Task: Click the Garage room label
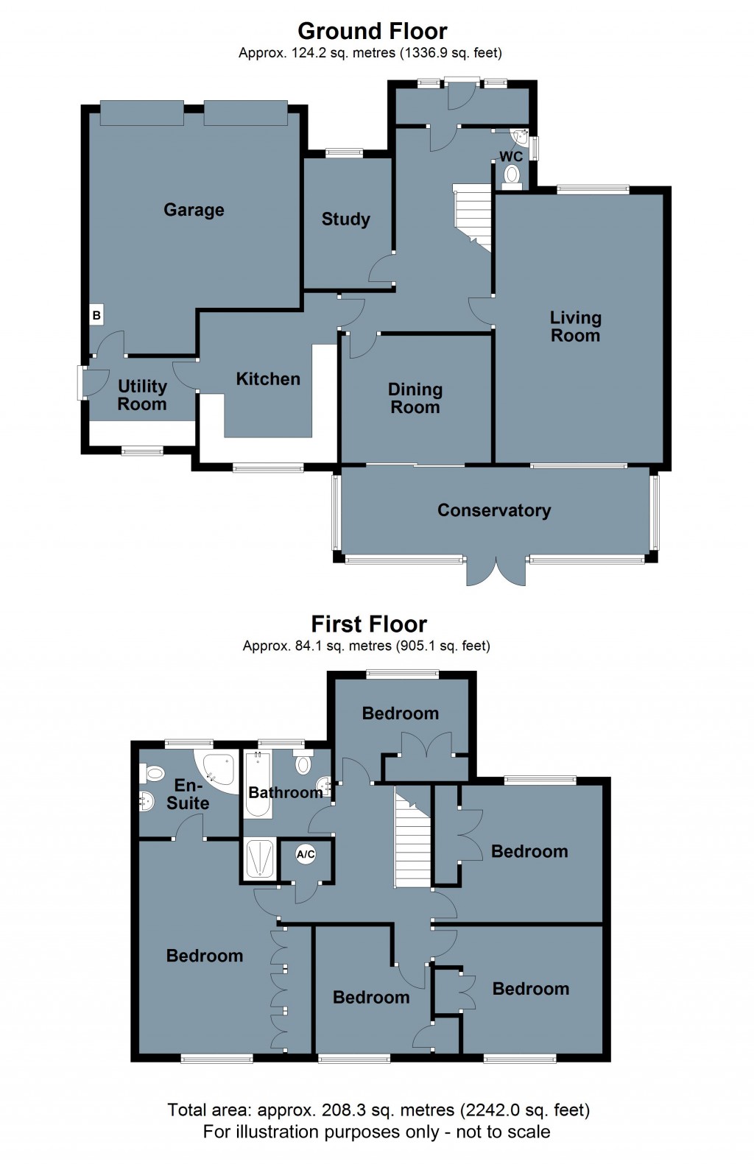coord(194,210)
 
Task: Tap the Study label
coord(345,219)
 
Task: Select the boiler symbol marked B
coord(96,315)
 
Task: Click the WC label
coord(511,156)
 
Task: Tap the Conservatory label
coord(494,510)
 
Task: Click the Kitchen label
coord(268,378)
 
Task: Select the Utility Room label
coord(141,395)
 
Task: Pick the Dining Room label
coord(415,398)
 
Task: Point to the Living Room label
coord(575,327)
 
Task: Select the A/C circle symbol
coord(306,854)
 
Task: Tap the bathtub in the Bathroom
coord(258,784)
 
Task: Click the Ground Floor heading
coord(373,31)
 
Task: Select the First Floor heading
coord(369,624)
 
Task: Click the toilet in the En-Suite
coord(152,773)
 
